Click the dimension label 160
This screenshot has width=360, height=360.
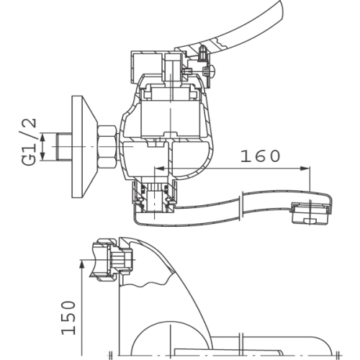pyautogui.click(x=261, y=156)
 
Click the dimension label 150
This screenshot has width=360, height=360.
pyautogui.click(x=68, y=318)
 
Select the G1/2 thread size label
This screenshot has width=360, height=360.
pyautogui.click(x=29, y=142)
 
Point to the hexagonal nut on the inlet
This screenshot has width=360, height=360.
pyautogui.click(x=107, y=146)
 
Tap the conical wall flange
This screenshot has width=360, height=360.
pyautogui.click(x=84, y=147)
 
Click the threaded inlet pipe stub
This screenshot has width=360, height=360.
pyautogui.click(x=64, y=147)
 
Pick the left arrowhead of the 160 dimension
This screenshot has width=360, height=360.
pyautogui.click(x=159, y=168)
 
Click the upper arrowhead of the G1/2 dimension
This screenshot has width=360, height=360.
pyautogui.click(x=42, y=138)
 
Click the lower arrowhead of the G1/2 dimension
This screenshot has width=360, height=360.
pyautogui.click(x=42, y=156)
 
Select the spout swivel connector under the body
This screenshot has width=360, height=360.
pyautogui.click(x=156, y=197)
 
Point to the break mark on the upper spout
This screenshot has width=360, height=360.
pyautogui.click(x=242, y=206)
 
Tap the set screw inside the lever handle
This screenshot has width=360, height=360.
pyautogui.click(x=203, y=54)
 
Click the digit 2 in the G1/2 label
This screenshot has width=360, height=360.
pyautogui.click(x=29, y=124)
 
